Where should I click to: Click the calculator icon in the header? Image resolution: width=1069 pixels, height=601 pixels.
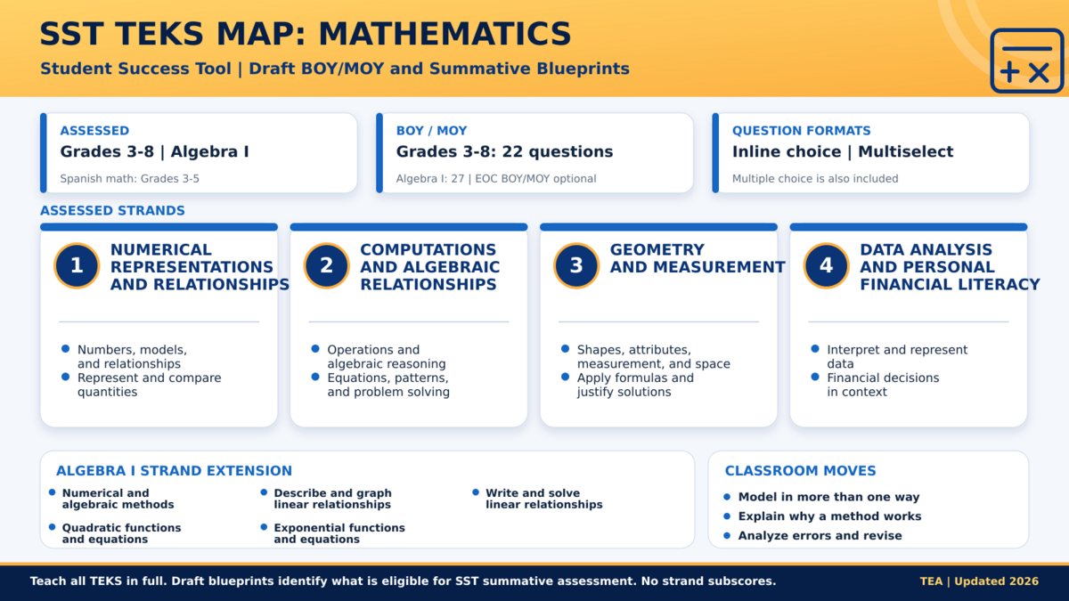[x=1026, y=61]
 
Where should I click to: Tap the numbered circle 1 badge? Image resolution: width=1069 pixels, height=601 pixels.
[x=77, y=265]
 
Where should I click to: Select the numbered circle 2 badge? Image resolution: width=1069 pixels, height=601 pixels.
[x=326, y=265]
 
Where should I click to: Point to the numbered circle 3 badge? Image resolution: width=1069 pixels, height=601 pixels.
[x=576, y=265]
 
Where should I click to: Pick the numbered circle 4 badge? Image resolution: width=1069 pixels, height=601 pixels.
[x=826, y=265]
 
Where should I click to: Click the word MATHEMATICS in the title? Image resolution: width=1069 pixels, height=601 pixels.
[x=445, y=34]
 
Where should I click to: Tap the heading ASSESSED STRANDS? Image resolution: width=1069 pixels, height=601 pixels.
[x=112, y=210]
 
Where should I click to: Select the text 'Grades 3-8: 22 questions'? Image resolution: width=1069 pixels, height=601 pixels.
[x=504, y=151]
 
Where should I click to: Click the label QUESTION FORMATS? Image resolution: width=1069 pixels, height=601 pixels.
[x=801, y=131]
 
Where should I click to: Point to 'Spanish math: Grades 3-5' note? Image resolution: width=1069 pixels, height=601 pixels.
[x=129, y=179]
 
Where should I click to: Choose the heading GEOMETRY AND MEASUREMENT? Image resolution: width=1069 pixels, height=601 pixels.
[x=698, y=258]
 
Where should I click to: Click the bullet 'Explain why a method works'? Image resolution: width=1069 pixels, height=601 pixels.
[x=829, y=516]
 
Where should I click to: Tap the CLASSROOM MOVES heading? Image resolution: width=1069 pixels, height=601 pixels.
[x=800, y=471]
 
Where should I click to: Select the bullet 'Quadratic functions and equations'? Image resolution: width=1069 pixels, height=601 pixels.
[x=121, y=533]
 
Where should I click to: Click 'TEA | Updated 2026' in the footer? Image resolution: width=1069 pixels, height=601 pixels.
[x=979, y=581]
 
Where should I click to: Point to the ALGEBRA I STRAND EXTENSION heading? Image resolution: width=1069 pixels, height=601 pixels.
[x=175, y=471]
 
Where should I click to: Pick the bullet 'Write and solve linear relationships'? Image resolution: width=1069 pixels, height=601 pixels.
[x=544, y=499]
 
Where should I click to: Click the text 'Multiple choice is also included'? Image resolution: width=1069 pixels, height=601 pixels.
[x=815, y=179]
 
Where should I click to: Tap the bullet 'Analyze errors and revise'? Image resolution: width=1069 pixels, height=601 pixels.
[x=820, y=536]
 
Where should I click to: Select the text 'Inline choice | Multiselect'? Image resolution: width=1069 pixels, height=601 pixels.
[x=843, y=151]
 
